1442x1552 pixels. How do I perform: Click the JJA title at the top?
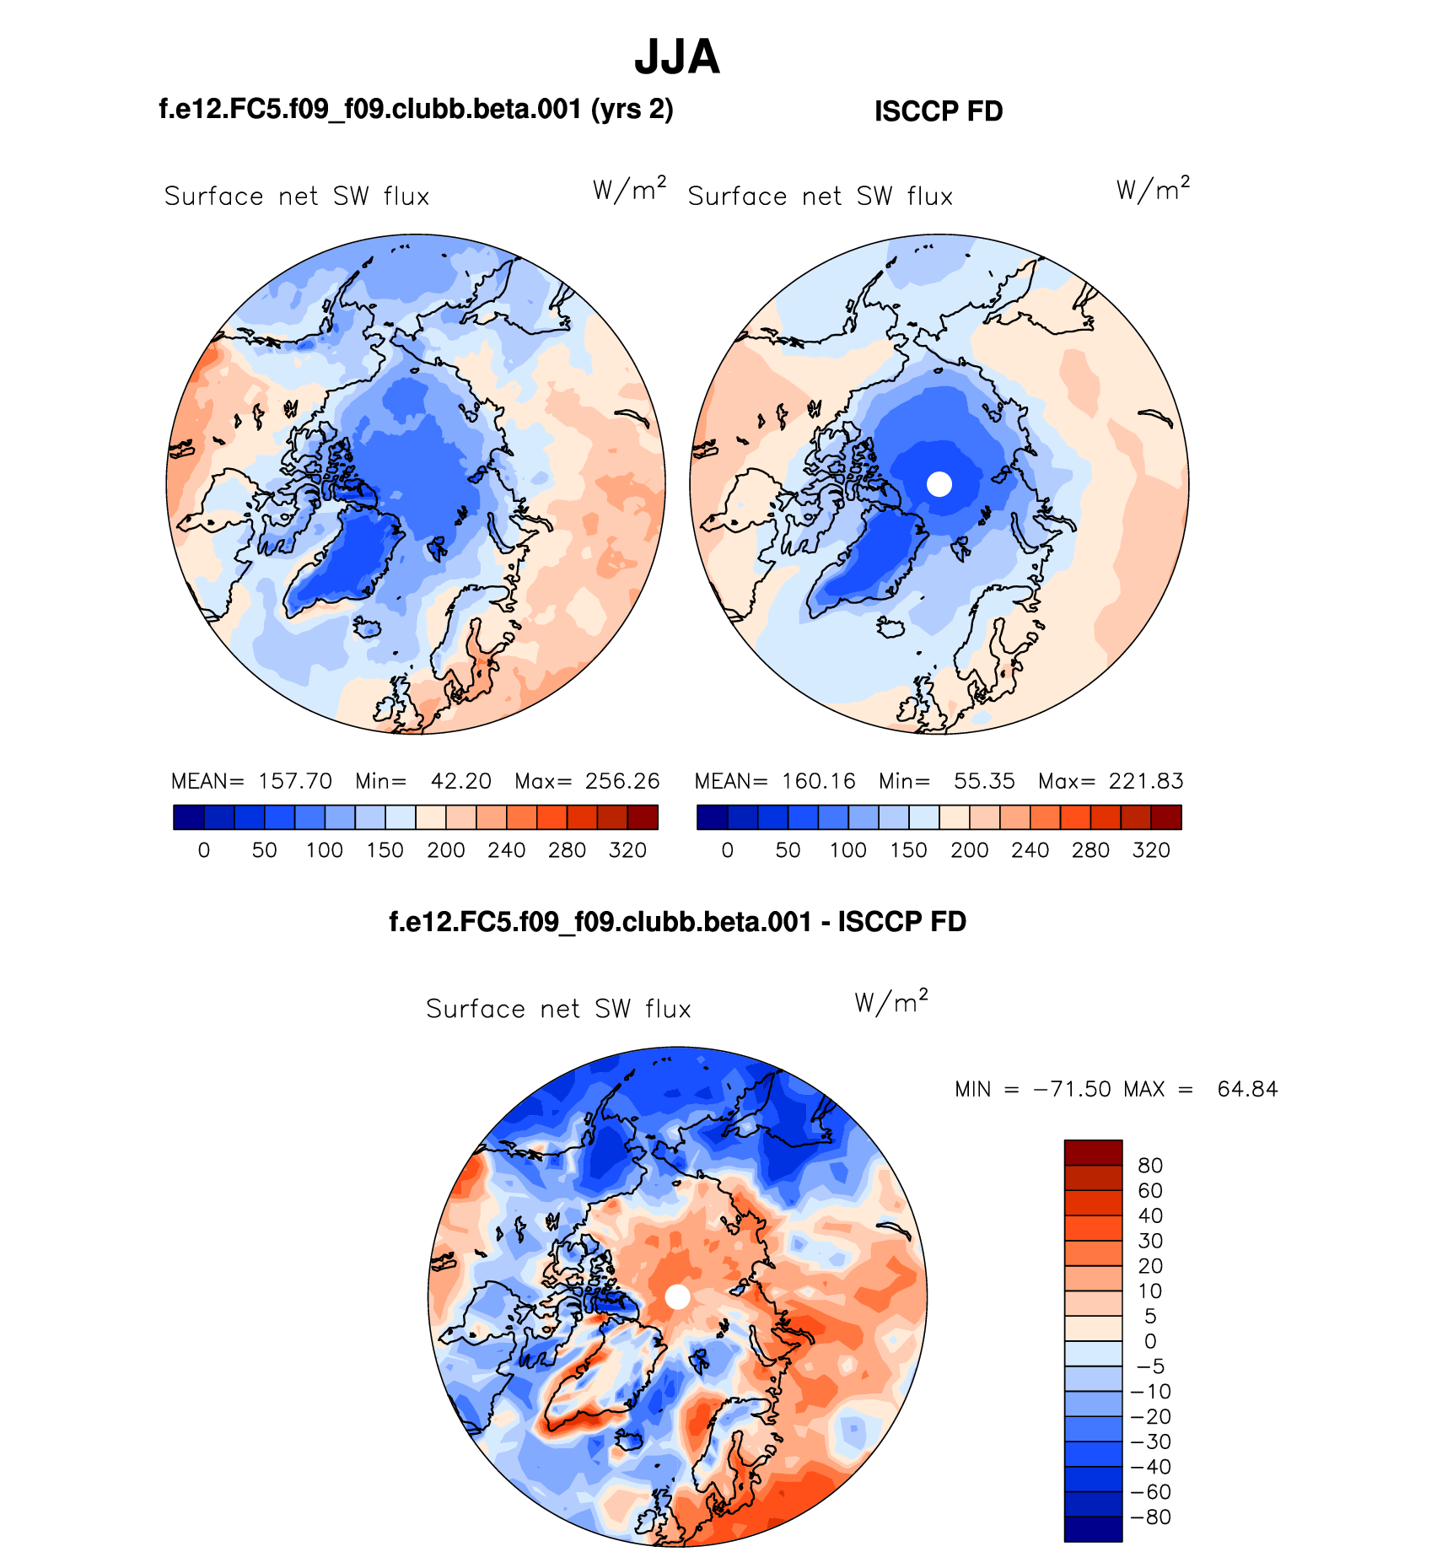click(x=677, y=57)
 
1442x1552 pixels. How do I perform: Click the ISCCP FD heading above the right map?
click(x=939, y=111)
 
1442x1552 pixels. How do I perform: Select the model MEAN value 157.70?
click(x=295, y=781)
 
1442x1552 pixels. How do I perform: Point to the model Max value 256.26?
click(x=622, y=781)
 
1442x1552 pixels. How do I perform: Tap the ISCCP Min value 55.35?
click(x=984, y=781)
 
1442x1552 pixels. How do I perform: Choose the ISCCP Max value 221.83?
click(x=1146, y=781)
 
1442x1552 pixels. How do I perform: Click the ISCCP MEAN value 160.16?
click(x=819, y=781)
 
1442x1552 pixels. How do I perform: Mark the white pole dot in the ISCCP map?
click(x=939, y=484)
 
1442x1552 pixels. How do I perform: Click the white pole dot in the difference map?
click(x=677, y=1297)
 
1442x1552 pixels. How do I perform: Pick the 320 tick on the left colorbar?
click(x=627, y=850)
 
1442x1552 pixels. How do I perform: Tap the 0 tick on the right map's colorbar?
click(x=728, y=850)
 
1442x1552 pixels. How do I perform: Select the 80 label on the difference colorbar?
click(x=1150, y=1166)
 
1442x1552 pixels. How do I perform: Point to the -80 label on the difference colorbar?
click(x=1151, y=1517)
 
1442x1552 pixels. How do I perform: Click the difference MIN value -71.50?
click(x=1072, y=1090)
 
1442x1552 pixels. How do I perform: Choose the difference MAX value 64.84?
click(x=1247, y=1090)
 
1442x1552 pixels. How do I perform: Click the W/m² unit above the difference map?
click(x=891, y=1003)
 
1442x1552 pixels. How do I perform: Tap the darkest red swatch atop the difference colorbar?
click(x=1093, y=1152)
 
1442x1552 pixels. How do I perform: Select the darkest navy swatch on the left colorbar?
click(x=189, y=817)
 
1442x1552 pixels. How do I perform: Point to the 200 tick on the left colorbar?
click(x=446, y=850)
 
